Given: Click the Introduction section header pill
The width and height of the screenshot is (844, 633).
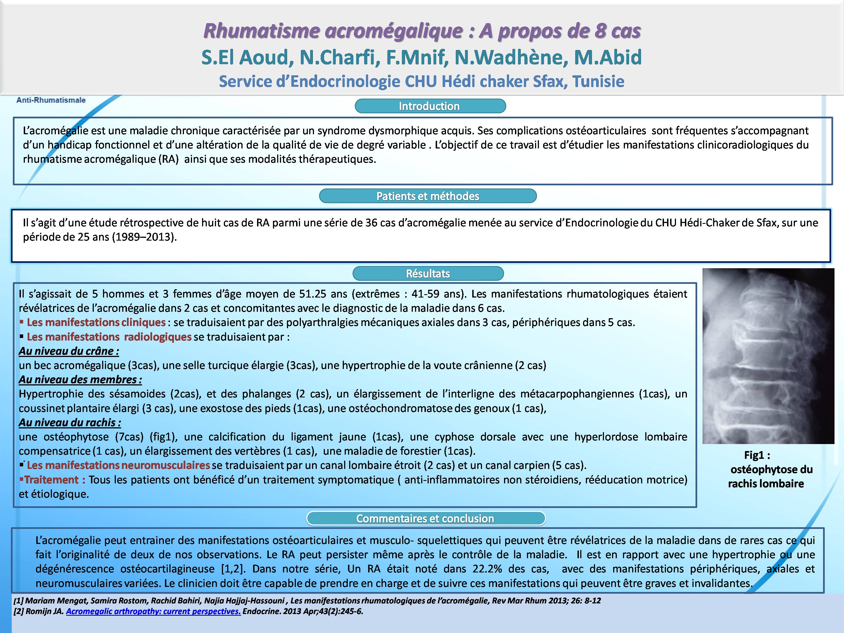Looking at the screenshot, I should point(430,106).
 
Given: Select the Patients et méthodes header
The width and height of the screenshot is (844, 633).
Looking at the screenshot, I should point(428,196).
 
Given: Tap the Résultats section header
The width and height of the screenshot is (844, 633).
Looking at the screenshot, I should point(428,274).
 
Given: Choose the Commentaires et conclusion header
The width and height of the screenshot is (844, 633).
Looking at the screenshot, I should point(425,519).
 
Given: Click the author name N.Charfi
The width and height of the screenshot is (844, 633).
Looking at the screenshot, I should point(337,57).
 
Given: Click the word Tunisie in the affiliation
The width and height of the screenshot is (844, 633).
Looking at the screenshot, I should point(598,81).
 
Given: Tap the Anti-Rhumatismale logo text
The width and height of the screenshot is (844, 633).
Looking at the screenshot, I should point(51,100).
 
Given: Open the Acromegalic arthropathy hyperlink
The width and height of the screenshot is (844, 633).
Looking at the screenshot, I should point(154,611).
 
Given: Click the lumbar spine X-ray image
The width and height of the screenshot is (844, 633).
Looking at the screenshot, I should point(768,356).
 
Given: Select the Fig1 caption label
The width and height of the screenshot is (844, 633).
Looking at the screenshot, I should point(757,455).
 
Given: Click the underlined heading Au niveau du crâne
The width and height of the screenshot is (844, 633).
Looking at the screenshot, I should point(69,351).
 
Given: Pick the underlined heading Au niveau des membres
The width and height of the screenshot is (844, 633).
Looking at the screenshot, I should point(80,380).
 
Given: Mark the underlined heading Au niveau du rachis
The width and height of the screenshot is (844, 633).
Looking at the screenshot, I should point(70,422).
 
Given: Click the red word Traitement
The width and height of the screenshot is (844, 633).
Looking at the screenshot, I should point(52,479).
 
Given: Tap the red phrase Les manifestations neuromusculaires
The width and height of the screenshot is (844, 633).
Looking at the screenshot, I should point(118,465).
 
